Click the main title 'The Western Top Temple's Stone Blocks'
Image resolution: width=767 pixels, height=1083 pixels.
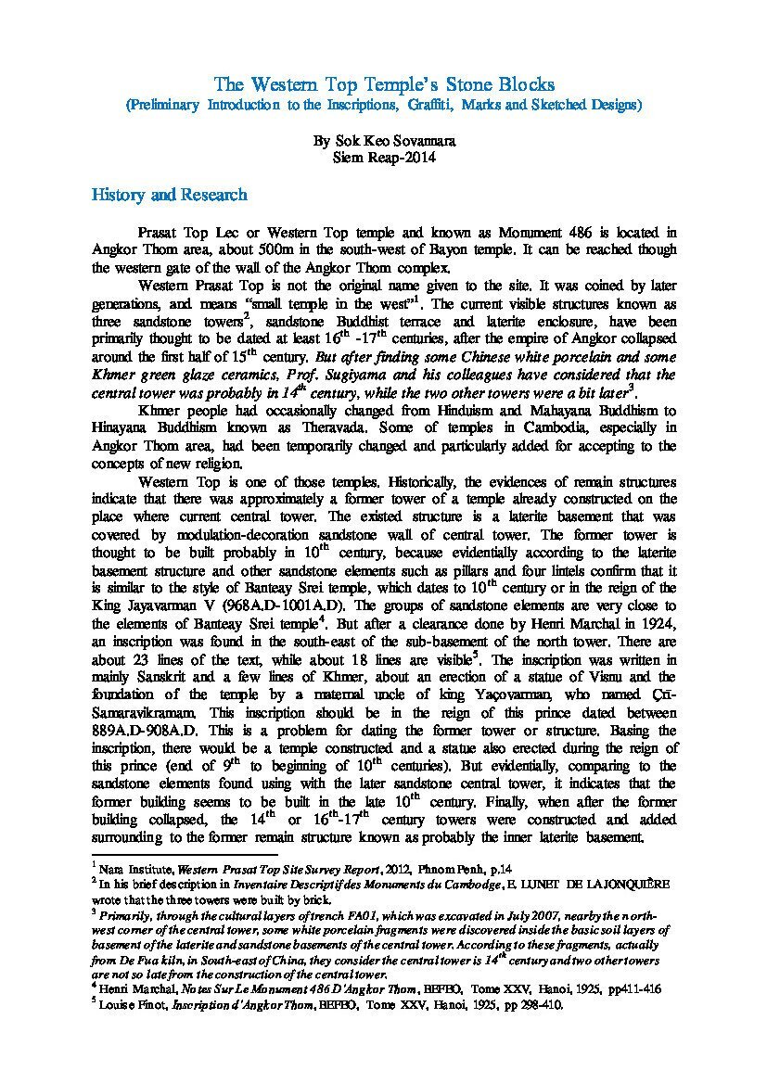[384, 84]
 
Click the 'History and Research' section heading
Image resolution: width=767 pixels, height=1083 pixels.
[169, 195]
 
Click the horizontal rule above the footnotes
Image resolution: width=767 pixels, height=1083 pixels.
[185, 854]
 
